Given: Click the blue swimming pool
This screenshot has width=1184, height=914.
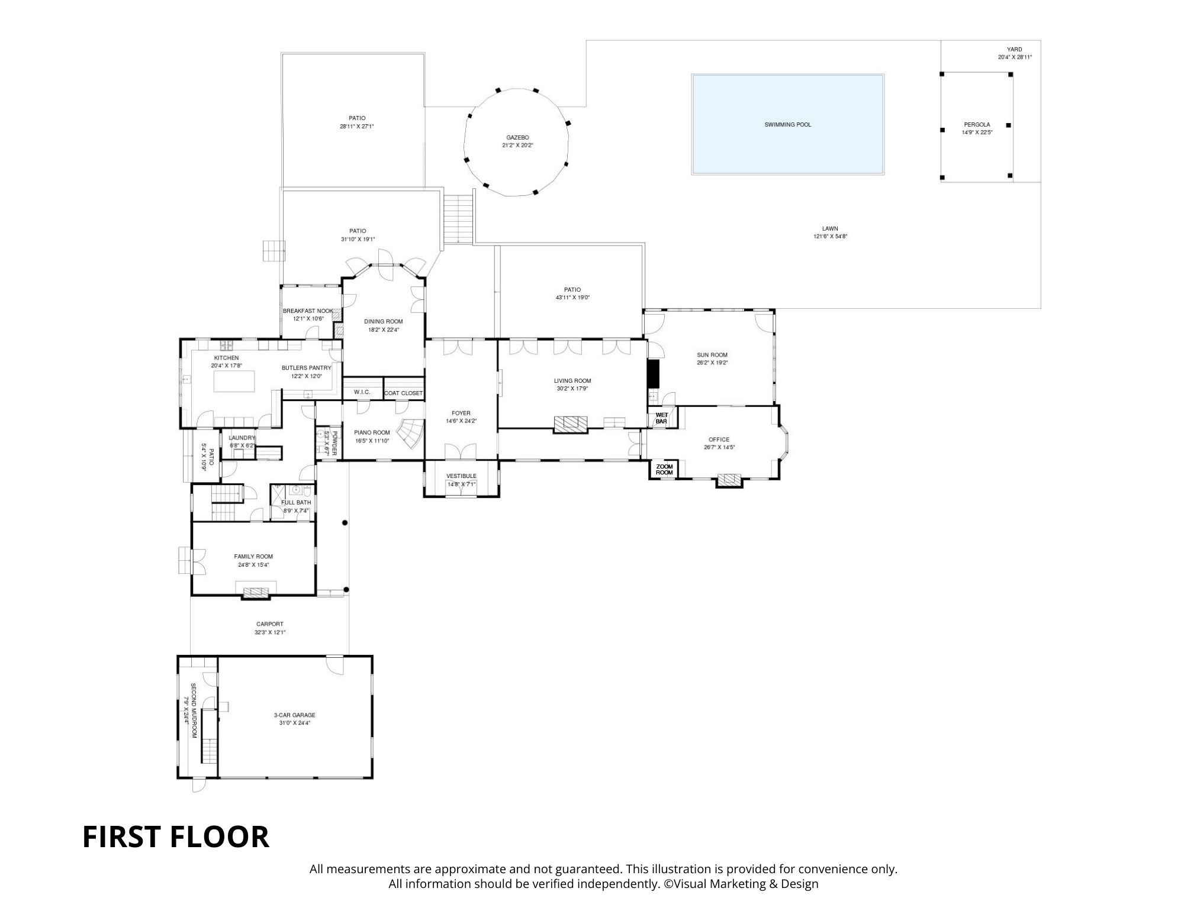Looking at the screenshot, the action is coord(788,124).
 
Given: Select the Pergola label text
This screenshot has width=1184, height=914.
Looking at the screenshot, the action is coord(977,125).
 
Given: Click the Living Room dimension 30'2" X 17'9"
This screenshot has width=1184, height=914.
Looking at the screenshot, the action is coord(572,389).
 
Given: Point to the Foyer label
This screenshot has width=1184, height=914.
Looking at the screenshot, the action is coord(461,414).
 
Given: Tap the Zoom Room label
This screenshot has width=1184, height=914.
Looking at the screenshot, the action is coord(664,470).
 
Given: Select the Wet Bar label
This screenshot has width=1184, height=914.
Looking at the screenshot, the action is coord(661,418).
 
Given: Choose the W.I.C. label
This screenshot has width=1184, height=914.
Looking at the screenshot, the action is coord(362,392).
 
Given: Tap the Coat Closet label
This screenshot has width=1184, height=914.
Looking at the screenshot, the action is coord(404,393).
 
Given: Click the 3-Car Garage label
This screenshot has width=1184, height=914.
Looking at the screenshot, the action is coord(294,715).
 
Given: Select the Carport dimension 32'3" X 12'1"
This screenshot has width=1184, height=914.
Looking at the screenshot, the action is coord(270,632).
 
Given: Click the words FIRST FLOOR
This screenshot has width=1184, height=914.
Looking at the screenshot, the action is coord(176,837).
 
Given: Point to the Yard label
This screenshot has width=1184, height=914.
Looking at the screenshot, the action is coord(1015,50).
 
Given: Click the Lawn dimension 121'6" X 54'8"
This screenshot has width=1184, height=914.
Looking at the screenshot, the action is coord(830,237).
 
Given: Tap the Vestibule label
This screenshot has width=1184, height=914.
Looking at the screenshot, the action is coord(461,476).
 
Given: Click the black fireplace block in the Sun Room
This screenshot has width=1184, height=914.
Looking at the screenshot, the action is coord(653,373).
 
